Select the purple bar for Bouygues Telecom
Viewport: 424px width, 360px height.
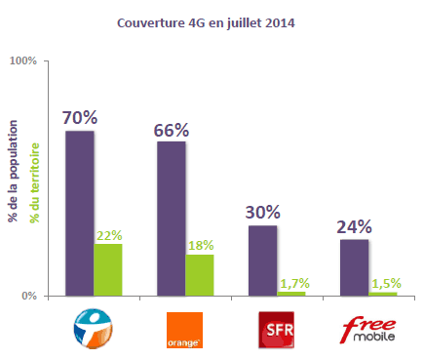(80, 212)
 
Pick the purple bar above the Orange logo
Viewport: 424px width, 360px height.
(171, 218)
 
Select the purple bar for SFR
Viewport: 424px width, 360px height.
(262, 260)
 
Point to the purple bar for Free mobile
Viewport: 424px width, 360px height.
(355, 266)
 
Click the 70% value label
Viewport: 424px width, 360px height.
(79, 117)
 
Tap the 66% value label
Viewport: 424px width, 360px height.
(172, 129)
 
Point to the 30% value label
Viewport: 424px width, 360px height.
(263, 212)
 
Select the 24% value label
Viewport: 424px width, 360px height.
(355, 226)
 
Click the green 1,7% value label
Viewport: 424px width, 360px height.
(292, 284)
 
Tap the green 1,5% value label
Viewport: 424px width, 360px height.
(384, 284)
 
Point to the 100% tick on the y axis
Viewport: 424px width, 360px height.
(23, 60)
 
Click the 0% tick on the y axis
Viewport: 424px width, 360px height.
(29, 295)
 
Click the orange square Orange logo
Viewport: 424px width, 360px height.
(185, 330)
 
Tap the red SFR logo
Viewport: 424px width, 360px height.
(276, 329)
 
